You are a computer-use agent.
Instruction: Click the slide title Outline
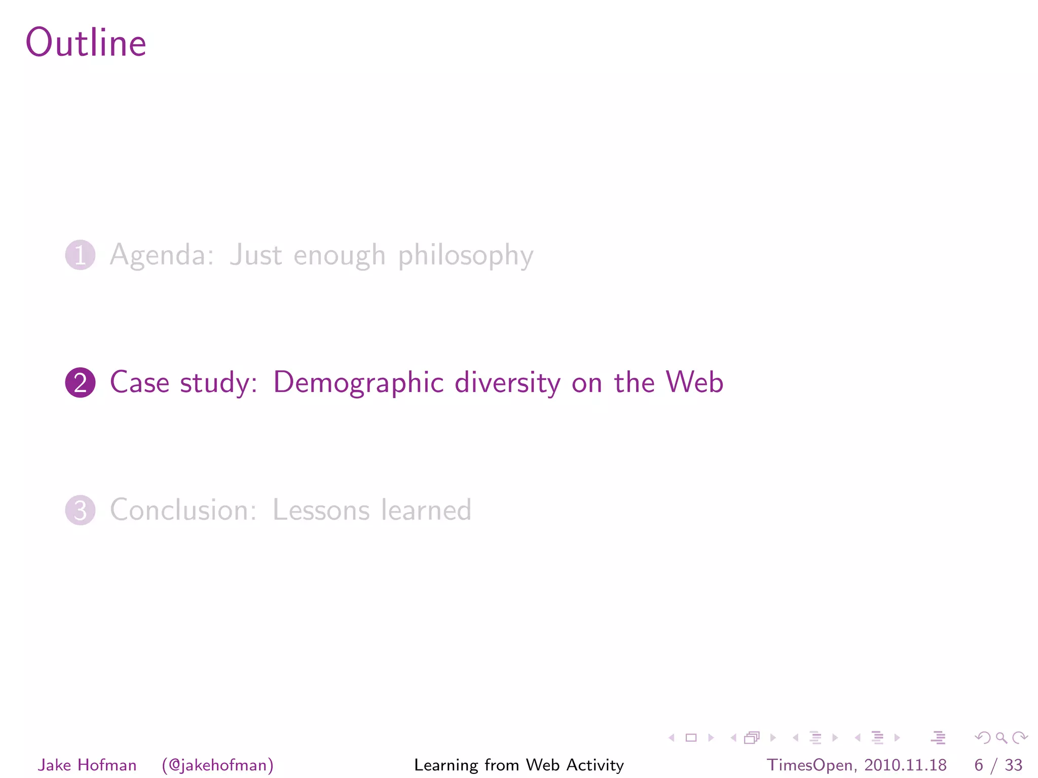86,43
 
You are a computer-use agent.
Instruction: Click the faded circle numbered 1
80,255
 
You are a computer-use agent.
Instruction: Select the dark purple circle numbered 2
80,382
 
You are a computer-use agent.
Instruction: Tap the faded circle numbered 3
80,510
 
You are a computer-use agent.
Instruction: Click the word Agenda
161,255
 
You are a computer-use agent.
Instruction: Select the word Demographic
358,382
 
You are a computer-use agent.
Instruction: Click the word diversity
507,382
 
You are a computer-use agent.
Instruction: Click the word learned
426,510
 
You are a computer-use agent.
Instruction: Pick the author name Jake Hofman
87,765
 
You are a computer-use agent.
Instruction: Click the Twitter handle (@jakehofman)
218,765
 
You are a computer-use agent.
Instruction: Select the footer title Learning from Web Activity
519,765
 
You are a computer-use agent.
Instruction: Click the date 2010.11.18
906,765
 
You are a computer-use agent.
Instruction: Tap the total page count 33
1013,765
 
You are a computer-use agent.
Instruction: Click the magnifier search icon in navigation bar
1001,737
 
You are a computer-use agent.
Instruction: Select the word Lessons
321,510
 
